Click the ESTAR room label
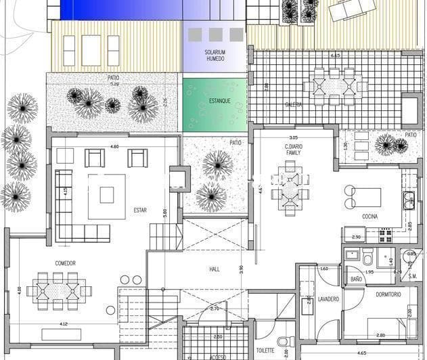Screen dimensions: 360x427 pos(140,210)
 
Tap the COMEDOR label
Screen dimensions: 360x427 pos(65,263)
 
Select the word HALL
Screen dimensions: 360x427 pos(215,269)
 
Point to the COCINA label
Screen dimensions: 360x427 pos(369,217)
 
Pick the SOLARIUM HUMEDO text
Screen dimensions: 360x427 pos(215,55)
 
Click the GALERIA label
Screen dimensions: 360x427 pos(293,105)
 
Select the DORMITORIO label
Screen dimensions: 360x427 pos(384,294)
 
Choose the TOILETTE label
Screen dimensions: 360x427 pos(265,351)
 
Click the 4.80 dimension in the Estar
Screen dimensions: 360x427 pos(114,146)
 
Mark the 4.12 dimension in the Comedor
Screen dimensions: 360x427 pos(64,323)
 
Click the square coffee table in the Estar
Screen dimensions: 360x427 pos(107,195)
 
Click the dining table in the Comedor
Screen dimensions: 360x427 pos(58,290)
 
